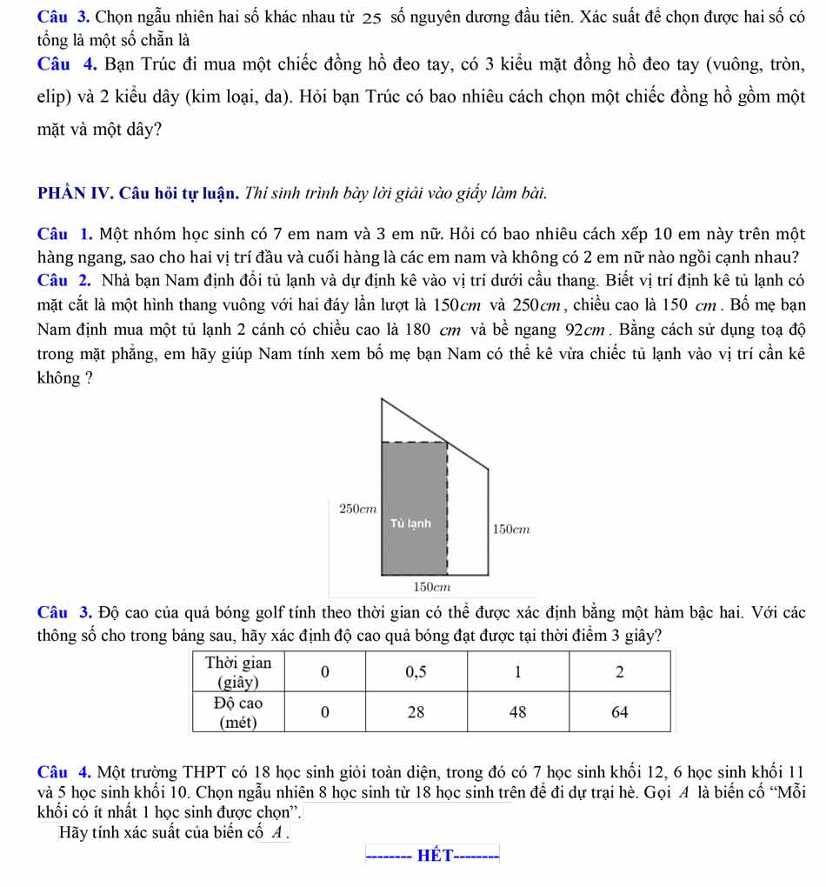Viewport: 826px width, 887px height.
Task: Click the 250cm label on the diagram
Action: pos(356,506)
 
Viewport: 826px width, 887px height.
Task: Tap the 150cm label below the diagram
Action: pos(430,589)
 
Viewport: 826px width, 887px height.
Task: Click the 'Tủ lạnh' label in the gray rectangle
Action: pos(410,524)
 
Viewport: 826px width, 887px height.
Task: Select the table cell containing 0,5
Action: pos(416,672)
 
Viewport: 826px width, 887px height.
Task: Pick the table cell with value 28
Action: pos(416,712)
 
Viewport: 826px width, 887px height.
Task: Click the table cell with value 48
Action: pos(518,712)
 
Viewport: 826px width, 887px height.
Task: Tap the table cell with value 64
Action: pos(620,712)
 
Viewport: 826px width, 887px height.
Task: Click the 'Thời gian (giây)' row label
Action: pos(236,672)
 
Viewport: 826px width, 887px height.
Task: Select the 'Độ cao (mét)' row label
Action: pos(236,711)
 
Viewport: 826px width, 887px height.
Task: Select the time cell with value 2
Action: pos(620,672)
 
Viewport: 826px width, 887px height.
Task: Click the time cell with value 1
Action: pos(518,672)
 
